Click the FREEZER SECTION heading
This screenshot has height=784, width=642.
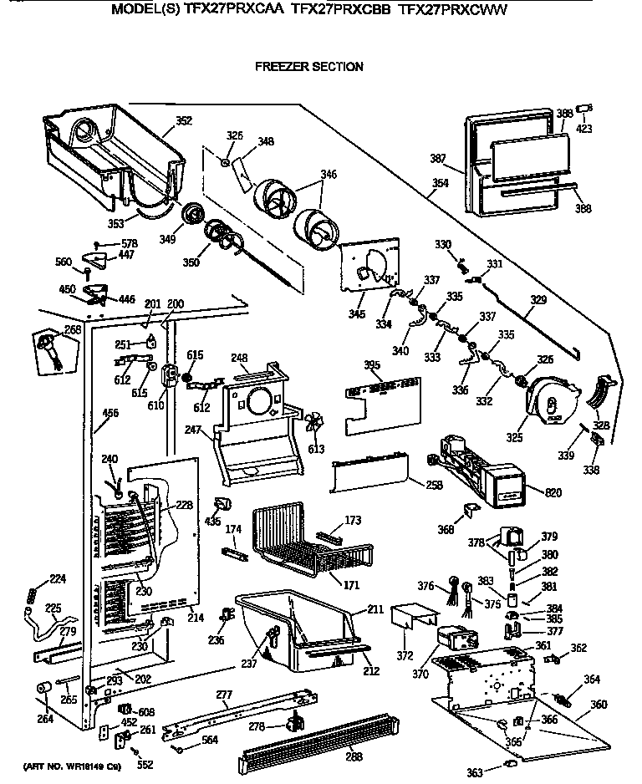coord(308,67)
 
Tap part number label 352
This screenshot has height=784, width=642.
coord(183,120)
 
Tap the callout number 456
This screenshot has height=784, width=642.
coord(110,412)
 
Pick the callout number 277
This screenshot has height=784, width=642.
coord(223,694)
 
